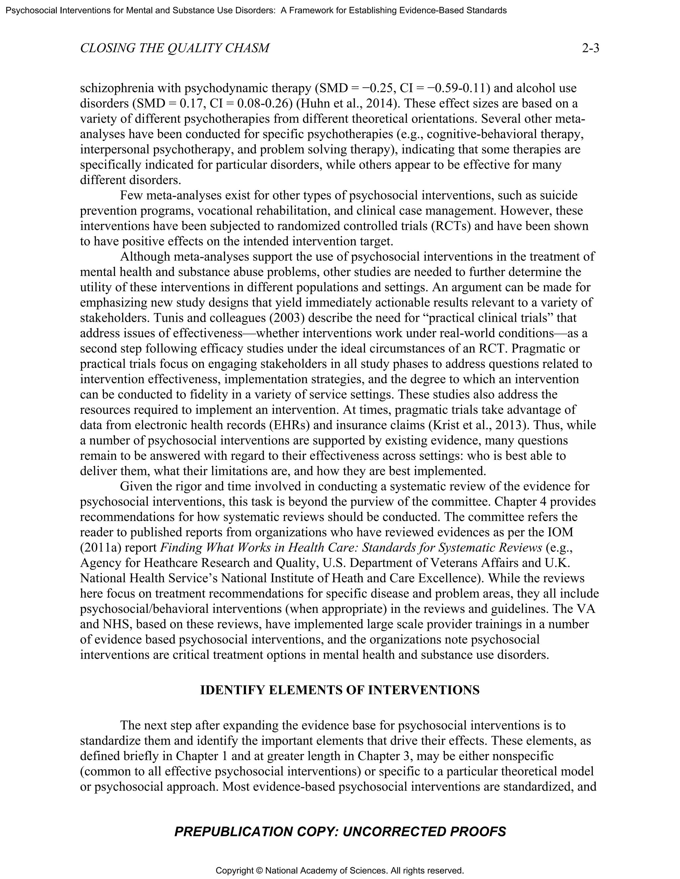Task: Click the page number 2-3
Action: (591, 48)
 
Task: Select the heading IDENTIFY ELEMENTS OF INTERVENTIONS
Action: (340, 690)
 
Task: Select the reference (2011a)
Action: (101, 547)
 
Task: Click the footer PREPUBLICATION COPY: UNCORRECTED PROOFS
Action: (340, 832)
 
